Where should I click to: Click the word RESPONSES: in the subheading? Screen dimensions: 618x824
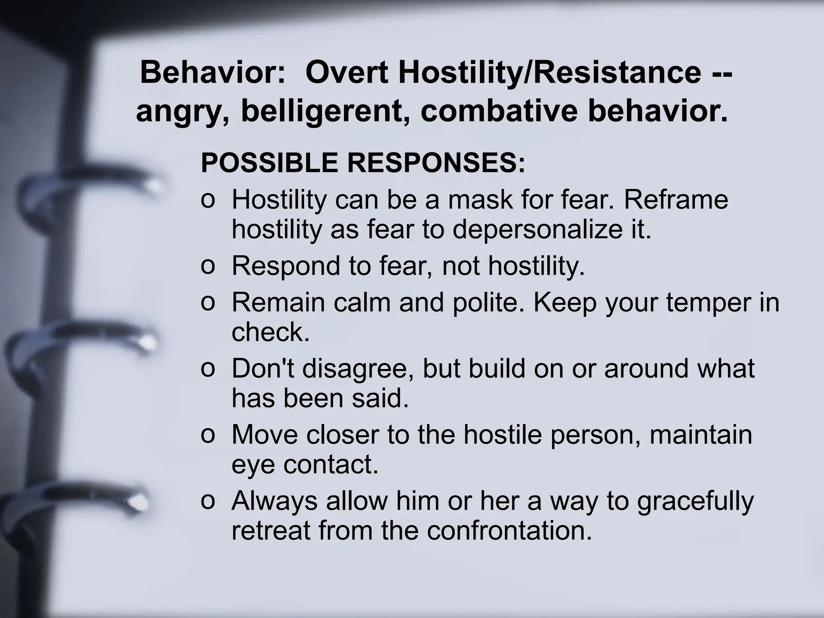pos(436,163)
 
